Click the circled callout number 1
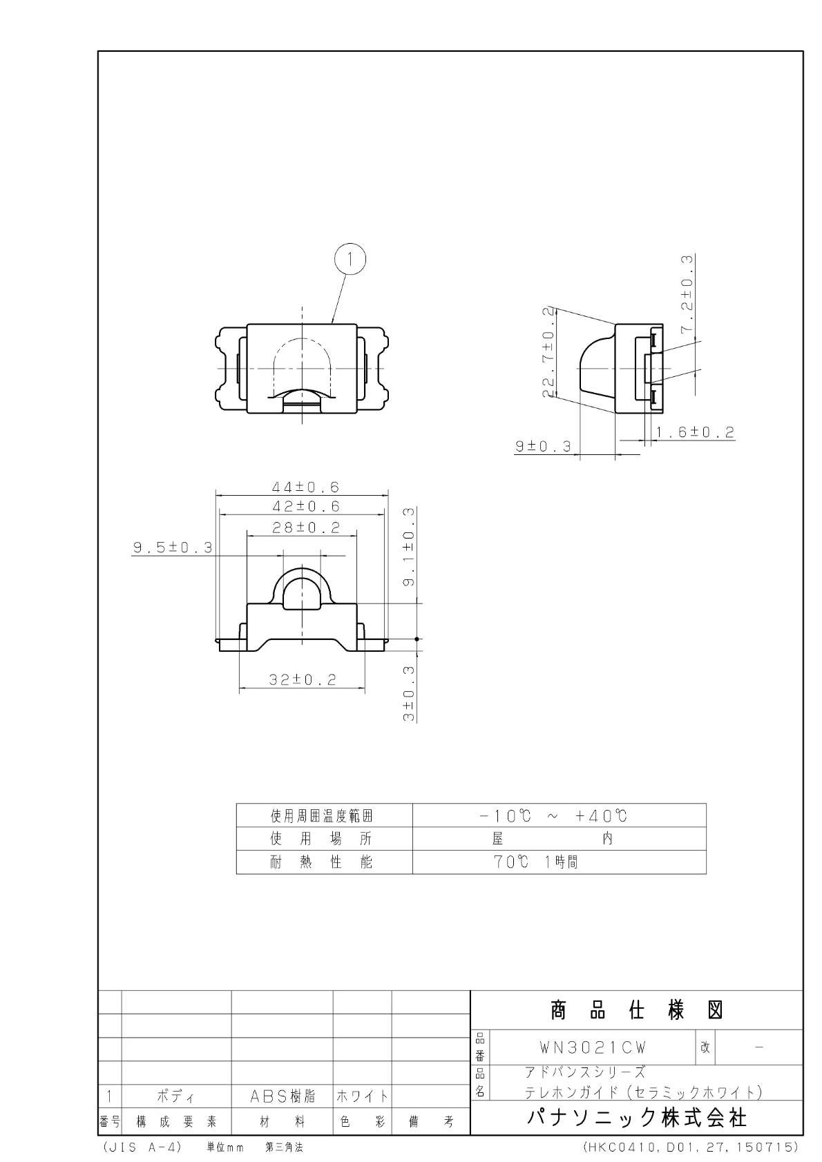point(350,259)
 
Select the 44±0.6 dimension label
point(305,487)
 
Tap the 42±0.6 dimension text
point(306,506)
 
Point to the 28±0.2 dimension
point(306,527)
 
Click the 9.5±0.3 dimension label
point(173,548)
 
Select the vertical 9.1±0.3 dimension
point(409,548)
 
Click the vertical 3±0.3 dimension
point(409,694)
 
